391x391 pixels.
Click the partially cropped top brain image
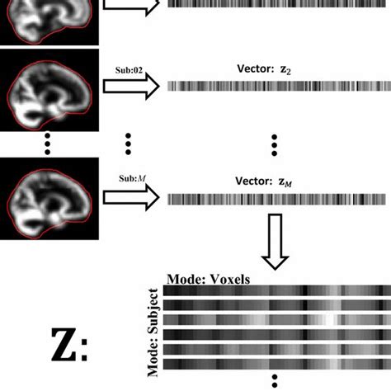pyautogui.click(x=49, y=21)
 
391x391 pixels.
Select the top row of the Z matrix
pyautogui.click(x=276, y=290)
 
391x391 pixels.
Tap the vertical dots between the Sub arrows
pyautogui.click(x=129, y=142)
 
